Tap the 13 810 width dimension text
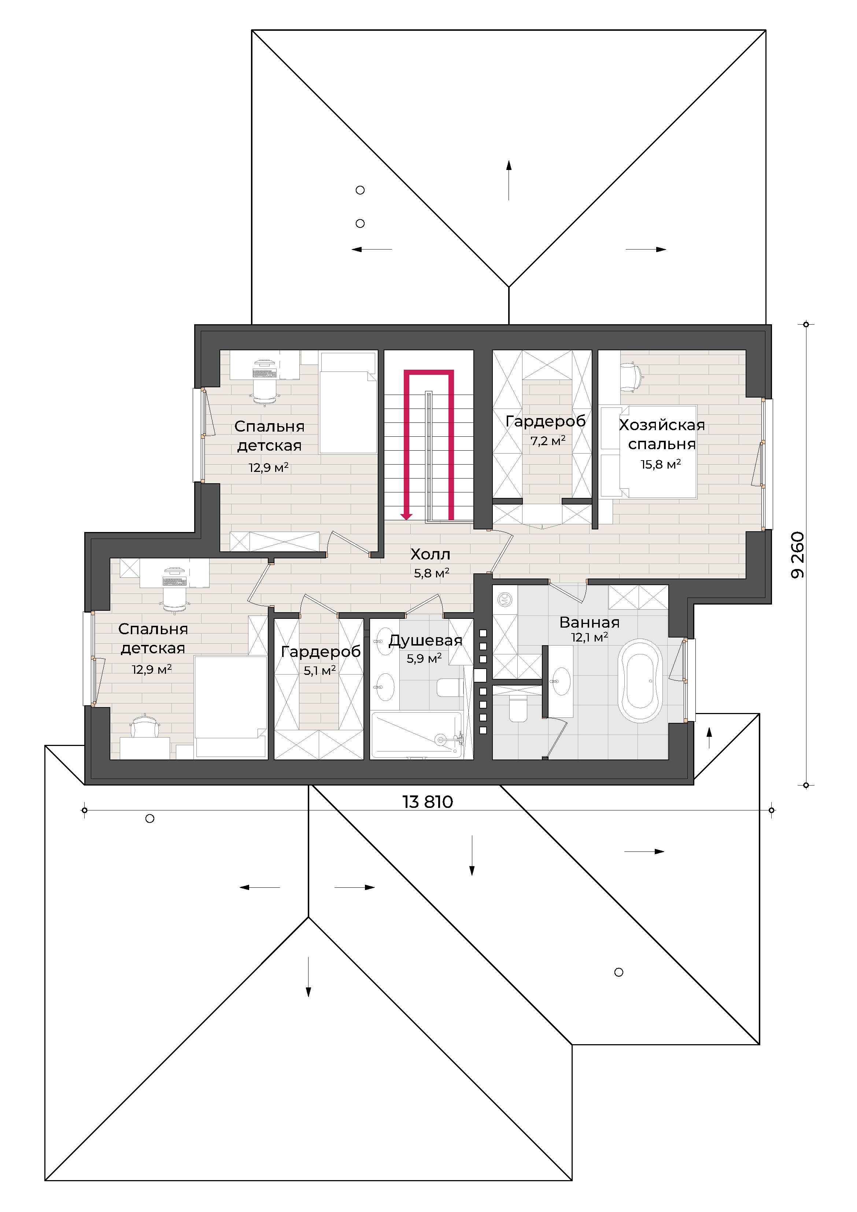(x=428, y=802)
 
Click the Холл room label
(x=431, y=554)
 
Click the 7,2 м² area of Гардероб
(x=548, y=440)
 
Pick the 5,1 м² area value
(x=319, y=670)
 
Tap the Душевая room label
(x=426, y=641)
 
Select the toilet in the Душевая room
(x=450, y=688)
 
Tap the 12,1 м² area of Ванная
(x=589, y=637)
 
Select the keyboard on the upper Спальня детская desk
(x=265, y=374)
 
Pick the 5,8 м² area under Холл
(x=431, y=573)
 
